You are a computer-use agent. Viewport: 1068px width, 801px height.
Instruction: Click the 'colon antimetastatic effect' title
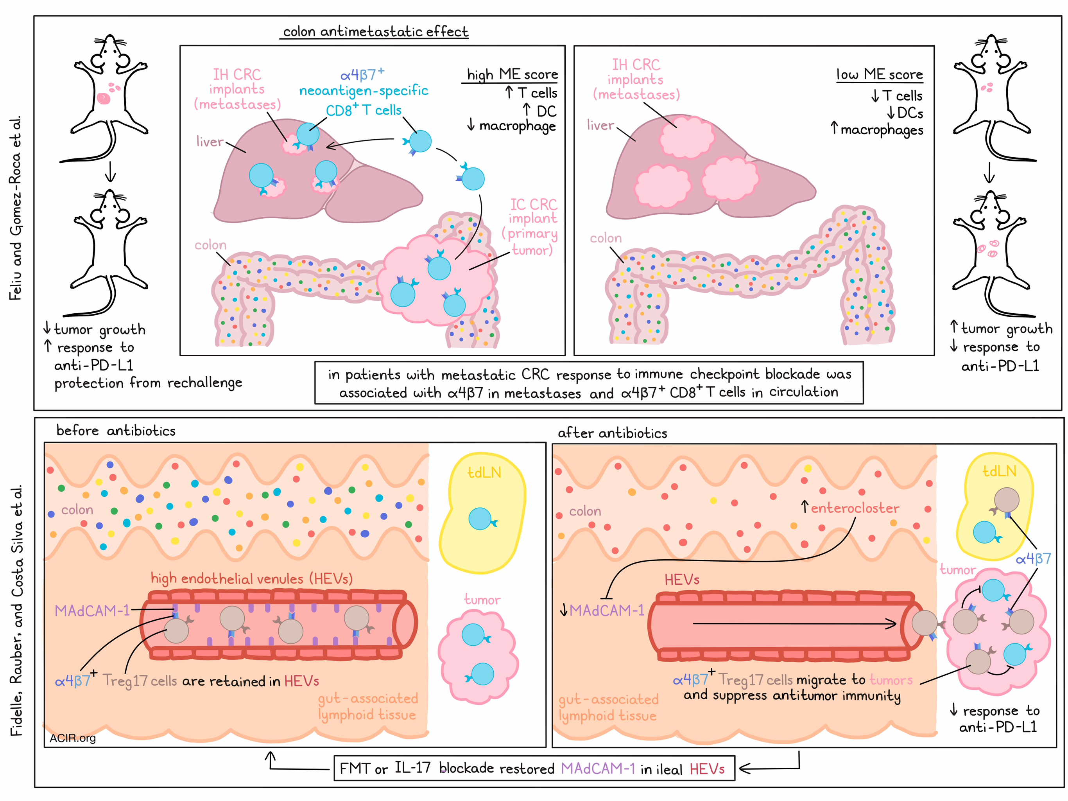tap(375, 32)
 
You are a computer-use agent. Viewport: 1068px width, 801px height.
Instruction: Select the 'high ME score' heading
tap(512, 74)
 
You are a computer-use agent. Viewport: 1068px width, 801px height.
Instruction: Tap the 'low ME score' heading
tap(879, 74)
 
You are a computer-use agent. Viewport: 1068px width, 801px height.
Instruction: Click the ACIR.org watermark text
tap(72, 738)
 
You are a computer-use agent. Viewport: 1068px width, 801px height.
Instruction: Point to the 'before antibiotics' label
tap(116, 431)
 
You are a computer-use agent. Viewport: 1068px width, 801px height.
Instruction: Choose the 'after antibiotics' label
tap(612, 433)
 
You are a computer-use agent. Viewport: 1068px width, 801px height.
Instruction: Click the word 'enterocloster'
tap(855, 508)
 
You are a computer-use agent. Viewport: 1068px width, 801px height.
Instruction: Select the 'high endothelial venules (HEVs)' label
tap(251, 578)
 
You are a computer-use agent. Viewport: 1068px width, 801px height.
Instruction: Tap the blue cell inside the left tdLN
tap(480, 519)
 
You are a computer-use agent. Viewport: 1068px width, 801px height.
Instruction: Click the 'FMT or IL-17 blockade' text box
tap(534, 768)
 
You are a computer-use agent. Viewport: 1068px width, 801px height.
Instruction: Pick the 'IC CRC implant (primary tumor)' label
tap(532, 227)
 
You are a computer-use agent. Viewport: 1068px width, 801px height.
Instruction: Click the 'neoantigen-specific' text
tap(364, 91)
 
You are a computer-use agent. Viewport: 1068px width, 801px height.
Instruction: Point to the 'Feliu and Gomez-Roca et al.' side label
tap(16, 208)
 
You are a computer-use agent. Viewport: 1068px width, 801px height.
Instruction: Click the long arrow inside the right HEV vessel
tap(794, 624)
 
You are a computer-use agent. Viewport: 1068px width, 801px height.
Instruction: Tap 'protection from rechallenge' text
tap(148, 383)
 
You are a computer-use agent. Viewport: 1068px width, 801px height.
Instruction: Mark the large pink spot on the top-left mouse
tap(103, 99)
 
